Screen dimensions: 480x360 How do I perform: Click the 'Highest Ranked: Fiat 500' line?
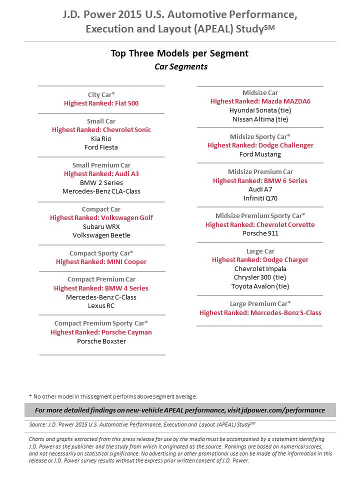(x=101, y=103)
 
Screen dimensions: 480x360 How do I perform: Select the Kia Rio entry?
(x=101, y=138)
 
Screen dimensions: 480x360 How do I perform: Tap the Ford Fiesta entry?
(x=101, y=147)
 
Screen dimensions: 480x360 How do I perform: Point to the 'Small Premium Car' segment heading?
(x=101, y=165)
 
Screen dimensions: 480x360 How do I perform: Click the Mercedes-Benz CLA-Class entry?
(x=101, y=191)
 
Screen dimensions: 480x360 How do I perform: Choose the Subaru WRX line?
(x=101, y=226)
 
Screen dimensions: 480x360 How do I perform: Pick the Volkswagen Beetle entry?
(x=101, y=235)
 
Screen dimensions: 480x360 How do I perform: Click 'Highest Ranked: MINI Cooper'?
(x=101, y=262)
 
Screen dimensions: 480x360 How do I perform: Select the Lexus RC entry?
(x=101, y=306)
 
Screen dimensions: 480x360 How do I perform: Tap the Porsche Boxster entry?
(x=101, y=341)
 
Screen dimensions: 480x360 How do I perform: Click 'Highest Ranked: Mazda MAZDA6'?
(x=260, y=101)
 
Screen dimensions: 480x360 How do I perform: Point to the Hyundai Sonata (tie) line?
(x=260, y=110)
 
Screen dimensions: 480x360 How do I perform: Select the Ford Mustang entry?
(x=260, y=154)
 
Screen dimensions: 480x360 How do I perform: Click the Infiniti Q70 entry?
(x=260, y=198)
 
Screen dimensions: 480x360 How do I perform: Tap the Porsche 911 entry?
(x=260, y=233)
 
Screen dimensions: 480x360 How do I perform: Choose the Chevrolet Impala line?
(x=260, y=269)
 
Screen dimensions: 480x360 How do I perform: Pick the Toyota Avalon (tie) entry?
(x=260, y=286)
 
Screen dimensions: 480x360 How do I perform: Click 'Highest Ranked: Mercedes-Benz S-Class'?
(x=260, y=313)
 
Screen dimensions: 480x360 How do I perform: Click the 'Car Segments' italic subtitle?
(x=180, y=66)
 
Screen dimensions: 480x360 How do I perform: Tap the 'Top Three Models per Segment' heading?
(x=179, y=54)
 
